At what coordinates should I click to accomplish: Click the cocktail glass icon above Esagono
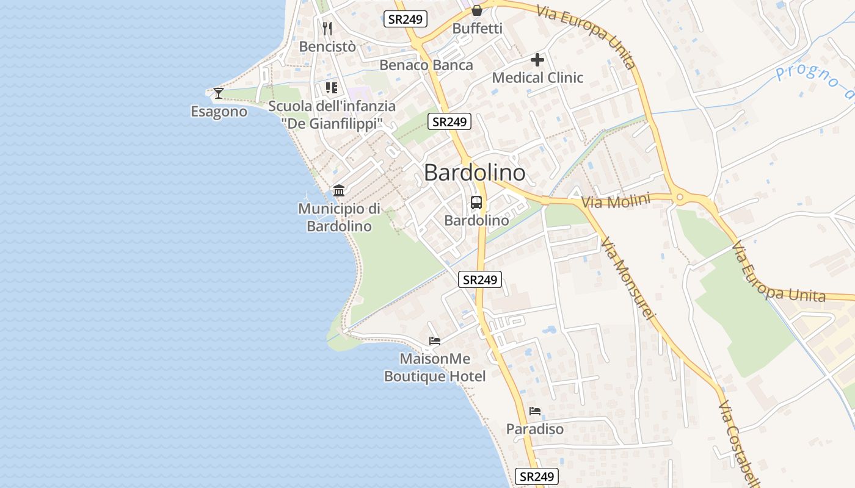219,93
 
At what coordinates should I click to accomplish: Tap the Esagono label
219,112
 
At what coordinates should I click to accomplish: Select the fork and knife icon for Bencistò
327,28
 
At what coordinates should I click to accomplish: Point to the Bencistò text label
327,46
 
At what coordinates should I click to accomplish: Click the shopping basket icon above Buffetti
477,10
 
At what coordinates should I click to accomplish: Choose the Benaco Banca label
426,65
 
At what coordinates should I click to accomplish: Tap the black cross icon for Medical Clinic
537,60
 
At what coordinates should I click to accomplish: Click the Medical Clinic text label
537,77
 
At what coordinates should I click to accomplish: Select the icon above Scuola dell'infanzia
332,88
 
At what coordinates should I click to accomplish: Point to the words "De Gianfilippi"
332,123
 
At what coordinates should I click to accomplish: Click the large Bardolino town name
475,173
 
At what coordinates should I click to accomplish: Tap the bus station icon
476,203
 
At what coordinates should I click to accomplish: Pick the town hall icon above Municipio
339,191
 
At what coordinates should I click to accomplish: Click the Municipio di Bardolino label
339,217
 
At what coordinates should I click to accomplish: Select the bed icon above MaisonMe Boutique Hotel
435,340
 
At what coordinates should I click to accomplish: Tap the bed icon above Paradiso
535,411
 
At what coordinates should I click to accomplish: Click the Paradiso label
535,429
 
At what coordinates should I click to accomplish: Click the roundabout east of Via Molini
679,197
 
